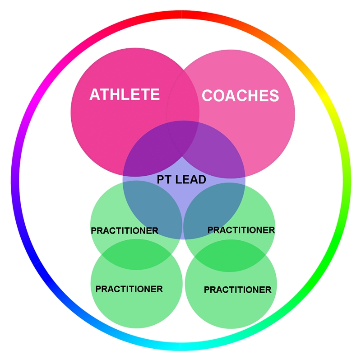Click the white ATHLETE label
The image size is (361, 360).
[125, 94]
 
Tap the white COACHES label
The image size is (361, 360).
[240, 96]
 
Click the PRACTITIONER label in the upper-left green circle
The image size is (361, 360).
[125, 231]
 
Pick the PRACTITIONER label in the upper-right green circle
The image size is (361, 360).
[241, 230]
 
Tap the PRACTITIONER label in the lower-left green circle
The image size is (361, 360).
[129, 289]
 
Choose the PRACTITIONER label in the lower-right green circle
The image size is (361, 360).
[238, 290]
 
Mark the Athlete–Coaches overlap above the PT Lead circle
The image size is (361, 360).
[183, 90]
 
